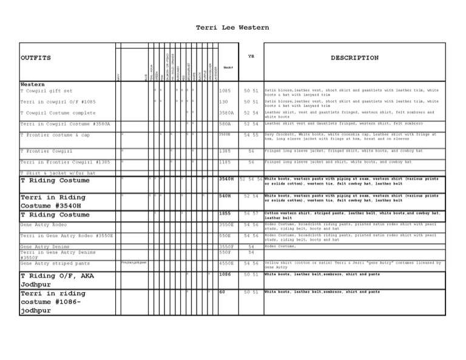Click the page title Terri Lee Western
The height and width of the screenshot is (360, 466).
tap(232, 27)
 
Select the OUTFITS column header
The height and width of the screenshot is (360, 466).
tap(35, 58)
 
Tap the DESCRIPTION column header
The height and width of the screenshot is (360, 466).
tap(354, 58)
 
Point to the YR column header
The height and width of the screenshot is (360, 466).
tap(251, 56)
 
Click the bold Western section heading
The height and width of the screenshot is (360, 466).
tap(32, 84)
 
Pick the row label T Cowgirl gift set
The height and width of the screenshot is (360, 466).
tap(46, 90)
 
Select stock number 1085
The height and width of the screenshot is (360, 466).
tap(225, 90)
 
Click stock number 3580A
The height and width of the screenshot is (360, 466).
tap(226, 112)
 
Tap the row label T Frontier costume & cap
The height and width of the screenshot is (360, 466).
tap(55, 135)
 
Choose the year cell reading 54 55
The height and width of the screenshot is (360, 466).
tap(251, 135)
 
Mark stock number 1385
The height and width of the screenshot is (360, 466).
tap(225, 151)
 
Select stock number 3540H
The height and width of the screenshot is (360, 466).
tap(226, 180)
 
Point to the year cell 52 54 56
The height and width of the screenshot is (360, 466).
tap(251, 180)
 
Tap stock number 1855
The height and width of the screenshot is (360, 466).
tap(225, 214)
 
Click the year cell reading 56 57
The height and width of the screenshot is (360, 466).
tap(251, 214)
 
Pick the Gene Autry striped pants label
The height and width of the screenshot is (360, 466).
tap(55, 263)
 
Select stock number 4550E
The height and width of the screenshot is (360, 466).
tap(226, 263)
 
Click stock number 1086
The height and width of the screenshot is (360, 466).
tap(225, 275)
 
